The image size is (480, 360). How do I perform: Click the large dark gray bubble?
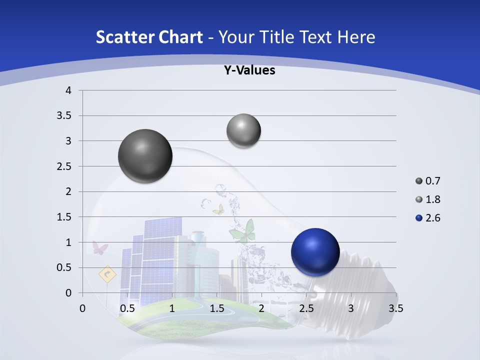[145, 156]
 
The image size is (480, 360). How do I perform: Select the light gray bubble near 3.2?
[243, 131]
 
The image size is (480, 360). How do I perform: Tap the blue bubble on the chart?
[315, 252]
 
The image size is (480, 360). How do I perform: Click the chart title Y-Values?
[249, 70]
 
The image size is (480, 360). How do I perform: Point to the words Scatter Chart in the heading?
[149, 37]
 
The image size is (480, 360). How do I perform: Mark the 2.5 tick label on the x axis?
[306, 308]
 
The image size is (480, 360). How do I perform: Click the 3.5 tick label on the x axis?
[395, 308]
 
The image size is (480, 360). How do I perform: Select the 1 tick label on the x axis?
[172, 308]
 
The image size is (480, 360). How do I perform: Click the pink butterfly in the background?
[100, 248]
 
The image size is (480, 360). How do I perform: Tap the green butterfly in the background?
[243, 230]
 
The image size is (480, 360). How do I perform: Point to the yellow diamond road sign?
[107, 274]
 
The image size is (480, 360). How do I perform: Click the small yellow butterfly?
[218, 209]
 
